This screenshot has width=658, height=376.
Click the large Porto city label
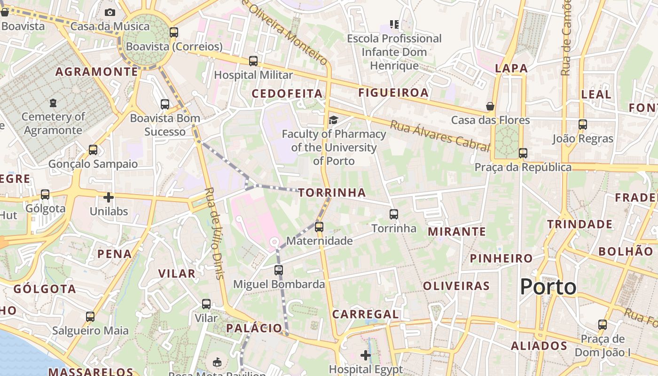548,287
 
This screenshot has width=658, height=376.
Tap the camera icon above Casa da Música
110,12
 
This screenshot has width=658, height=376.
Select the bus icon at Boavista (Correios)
174,32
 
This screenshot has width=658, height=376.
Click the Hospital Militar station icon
253,61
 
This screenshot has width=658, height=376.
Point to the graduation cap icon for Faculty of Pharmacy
333,120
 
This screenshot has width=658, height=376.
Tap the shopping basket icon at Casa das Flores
490,106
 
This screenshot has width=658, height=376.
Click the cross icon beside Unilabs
109,197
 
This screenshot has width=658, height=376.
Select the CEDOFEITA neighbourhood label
287,94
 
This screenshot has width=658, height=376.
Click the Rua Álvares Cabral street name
439,135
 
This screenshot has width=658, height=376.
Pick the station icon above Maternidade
319,227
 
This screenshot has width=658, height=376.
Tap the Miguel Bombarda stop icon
279,270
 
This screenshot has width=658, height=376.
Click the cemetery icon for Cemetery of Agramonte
53,102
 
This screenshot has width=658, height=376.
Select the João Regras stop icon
583,125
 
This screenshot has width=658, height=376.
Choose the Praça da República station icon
523,153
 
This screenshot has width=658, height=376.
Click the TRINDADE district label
580,224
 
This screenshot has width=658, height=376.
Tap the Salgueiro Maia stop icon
90,317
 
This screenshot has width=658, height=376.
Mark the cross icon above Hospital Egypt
365,355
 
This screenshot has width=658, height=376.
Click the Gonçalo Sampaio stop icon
93,150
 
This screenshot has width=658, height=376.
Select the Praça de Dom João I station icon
603,324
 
